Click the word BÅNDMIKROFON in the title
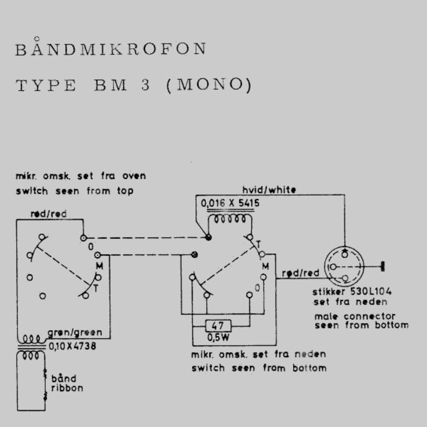(x=111, y=49)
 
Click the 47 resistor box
(x=218, y=325)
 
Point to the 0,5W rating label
(x=218, y=337)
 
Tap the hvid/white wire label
(x=269, y=190)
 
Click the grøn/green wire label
(x=75, y=333)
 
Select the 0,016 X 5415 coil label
(x=230, y=204)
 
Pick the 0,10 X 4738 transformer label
(x=72, y=346)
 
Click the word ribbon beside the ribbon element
(x=67, y=388)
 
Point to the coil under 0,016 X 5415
(x=230, y=219)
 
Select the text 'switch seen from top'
(x=75, y=191)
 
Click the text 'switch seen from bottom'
(x=259, y=368)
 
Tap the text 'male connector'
(x=355, y=316)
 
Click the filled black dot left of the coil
(x=209, y=237)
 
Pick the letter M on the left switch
(x=99, y=266)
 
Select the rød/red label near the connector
(x=301, y=273)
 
